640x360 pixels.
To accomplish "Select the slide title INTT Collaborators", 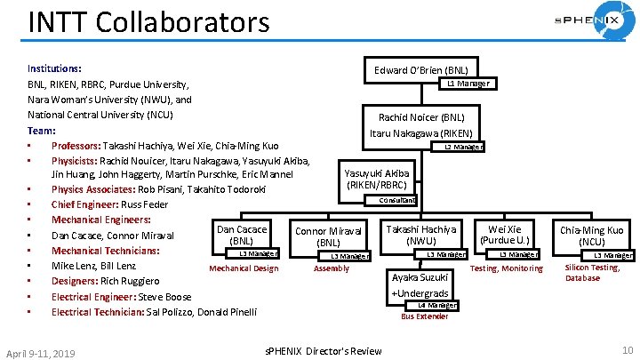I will [x=148, y=21].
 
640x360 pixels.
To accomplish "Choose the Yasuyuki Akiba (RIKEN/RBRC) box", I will [x=377, y=179].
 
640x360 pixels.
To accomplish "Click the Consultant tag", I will [x=396, y=201].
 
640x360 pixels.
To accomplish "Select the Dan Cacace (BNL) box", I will [x=242, y=235].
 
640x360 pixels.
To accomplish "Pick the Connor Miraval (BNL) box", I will [x=329, y=236].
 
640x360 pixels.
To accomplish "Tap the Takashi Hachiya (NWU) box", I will [x=420, y=235].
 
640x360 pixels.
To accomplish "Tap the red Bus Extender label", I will [x=425, y=316].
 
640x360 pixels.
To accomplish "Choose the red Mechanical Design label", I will [x=243, y=268].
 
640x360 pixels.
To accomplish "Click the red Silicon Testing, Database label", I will [x=593, y=273].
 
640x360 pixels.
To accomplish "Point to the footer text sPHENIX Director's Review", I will [x=324, y=351].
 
